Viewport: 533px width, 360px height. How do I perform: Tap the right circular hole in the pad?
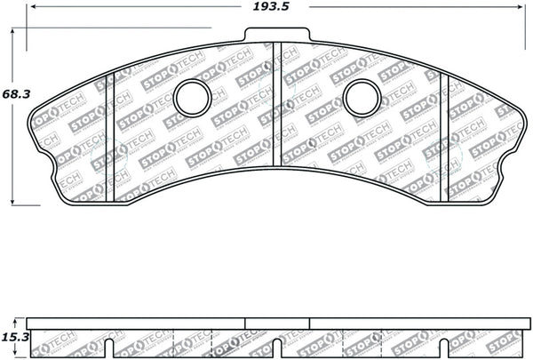pos(362,99)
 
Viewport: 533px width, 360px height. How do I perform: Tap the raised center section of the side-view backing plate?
pos(276,322)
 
